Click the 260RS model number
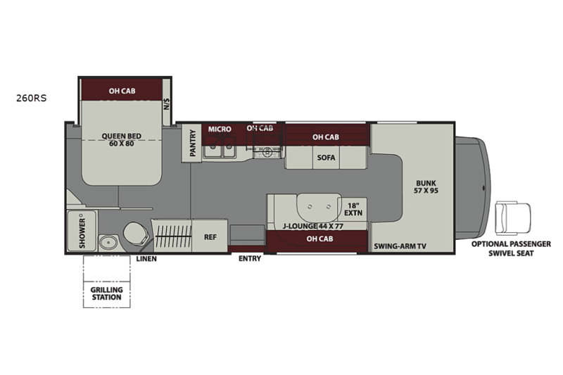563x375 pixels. tap(31, 98)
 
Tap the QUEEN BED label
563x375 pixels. tap(121, 136)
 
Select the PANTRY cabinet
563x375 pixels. tap(191, 143)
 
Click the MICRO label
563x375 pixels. tap(220, 129)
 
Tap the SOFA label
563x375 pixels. tap(326, 158)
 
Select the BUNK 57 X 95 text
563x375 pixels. tap(426, 186)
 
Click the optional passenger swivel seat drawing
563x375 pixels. tap(513, 218)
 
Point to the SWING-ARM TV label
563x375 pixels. tap(400, 246)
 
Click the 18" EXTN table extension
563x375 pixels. tap(353, 209)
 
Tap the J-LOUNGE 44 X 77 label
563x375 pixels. tap(312, 226)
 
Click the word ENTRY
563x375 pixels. tap(250, 258)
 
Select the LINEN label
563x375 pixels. tap(146, 259)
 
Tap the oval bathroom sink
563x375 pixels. tap(108, 243)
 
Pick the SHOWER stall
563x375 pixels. tap(82, 231)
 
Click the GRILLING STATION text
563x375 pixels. tap(107, 293)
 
